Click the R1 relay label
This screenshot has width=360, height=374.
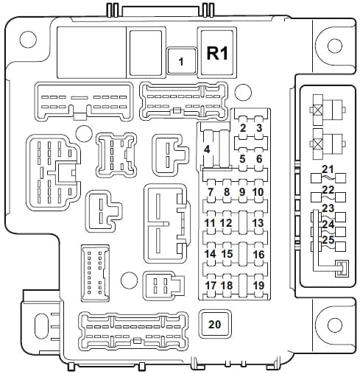tap(217, 53)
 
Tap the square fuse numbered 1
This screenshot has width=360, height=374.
tap(182, 61)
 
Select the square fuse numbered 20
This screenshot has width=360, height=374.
tap(215, 324)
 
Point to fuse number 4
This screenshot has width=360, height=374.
tap(208, 149)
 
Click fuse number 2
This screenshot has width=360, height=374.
tap(243, 128)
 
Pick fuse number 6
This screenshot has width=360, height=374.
tap(259, 159)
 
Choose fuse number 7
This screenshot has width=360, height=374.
tap(211, 192)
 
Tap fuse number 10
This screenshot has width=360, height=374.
tap(258, 192)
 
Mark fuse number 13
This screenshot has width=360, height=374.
tap(258, 223)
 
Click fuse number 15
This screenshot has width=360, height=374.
tap(227, 254)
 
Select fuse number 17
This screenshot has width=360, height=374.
tap(211, 285)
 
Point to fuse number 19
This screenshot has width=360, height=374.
tap(258, 285)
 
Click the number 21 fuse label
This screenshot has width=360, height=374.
tap(328, 169)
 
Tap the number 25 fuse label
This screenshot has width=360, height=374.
tap(328, 239)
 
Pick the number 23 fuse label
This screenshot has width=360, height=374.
tap(328, 208)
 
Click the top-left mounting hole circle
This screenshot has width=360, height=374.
tap(28, 40)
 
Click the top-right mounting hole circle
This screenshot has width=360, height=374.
tap(335, 46)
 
